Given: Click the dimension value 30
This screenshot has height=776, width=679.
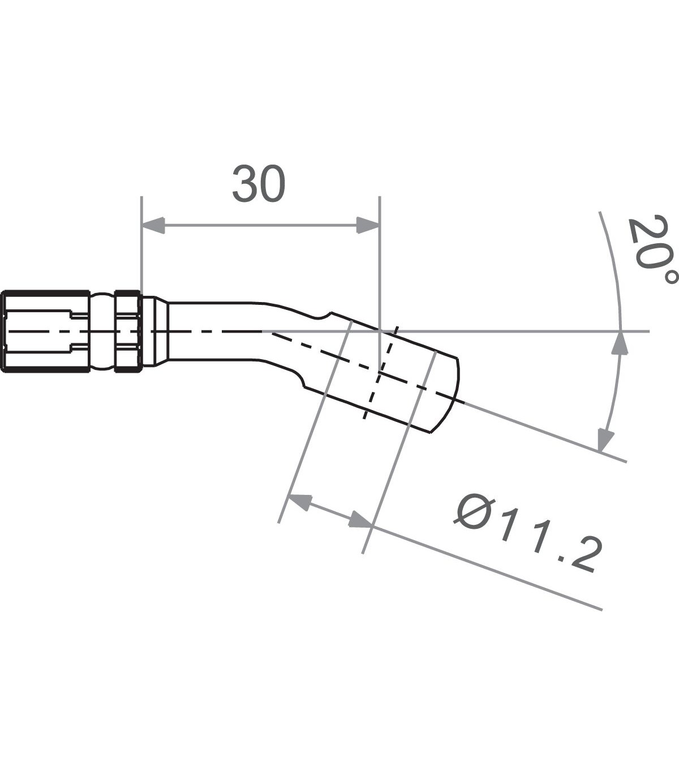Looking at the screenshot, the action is pos(259,184).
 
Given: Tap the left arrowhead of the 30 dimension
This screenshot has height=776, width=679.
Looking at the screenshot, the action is pos(153,225).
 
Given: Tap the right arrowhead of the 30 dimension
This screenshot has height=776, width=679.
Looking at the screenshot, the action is pos(368,225).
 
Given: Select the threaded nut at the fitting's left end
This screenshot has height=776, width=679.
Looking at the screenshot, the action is pos(45,331).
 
